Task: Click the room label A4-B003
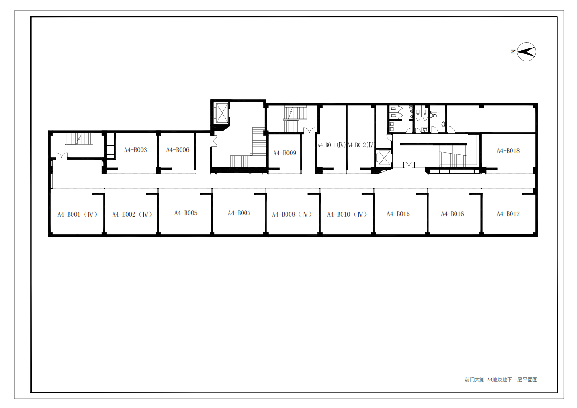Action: click(136, 150)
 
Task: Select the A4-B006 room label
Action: click(178, 150)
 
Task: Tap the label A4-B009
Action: click(285, 153)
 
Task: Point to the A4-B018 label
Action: click(508, 151)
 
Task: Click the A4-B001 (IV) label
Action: click(77, 214)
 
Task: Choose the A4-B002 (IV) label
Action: click(132, 214)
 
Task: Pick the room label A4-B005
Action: click(186, 213)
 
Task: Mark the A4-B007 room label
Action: click(239, 213)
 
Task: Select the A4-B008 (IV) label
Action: click(292, 214)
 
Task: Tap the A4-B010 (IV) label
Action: click(347, 214)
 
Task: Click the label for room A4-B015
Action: click(398, 214)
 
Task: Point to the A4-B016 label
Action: click(452, 214)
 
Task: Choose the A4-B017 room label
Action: click(508, 214)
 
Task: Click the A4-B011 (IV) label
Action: click(331, 145)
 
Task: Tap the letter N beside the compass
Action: click(513, 52)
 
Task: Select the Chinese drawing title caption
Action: click(501, 380)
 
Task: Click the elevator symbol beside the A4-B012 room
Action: click(384, 158)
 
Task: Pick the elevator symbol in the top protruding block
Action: click(222, 113)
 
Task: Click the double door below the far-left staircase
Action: click(62, 155)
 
